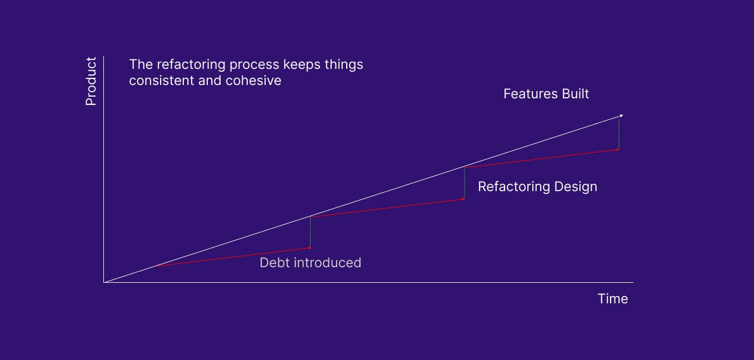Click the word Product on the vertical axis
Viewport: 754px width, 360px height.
tap(91, 81)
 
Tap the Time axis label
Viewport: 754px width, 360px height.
tap(613, 299)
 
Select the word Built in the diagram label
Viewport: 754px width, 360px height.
tap(576, 94)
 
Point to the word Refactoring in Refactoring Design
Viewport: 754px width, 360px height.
tap(514, 187)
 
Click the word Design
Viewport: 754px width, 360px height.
tap(576, 187)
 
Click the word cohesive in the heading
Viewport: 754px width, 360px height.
tap(253, 81)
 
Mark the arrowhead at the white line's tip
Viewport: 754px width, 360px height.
tap(621, 116)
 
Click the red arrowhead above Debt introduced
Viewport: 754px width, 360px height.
tap(309, 248)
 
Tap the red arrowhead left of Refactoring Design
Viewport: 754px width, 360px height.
tap(463, 199)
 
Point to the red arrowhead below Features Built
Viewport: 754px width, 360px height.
tap(618, 149)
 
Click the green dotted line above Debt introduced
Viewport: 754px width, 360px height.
tap(311, 232)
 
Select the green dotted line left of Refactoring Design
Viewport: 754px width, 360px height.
tap(465, 183)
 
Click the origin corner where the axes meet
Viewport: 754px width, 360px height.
tap(104, 282)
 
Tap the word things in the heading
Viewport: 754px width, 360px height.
tap(344, 65)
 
